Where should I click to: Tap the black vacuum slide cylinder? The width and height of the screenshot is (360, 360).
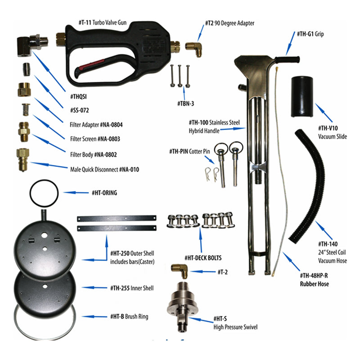tap(302, 97)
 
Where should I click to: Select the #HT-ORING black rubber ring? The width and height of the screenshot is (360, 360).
tap(44, 193)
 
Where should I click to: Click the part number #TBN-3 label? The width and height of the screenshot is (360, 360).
tap(185, 104)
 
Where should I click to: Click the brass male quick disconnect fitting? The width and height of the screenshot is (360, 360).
tap(23, 160)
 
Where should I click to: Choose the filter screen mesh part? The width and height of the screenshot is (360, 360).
tap(26, 110)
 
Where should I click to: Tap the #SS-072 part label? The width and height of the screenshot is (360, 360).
tap(80, 110)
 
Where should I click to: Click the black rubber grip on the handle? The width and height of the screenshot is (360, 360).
tap(288, 59)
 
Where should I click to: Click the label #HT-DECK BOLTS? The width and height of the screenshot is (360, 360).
tap(203, 258)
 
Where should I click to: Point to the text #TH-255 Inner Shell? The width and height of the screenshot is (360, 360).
tap(132, 288)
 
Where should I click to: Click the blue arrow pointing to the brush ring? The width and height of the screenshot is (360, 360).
tap(94, 317)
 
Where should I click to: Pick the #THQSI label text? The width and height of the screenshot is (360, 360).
tap(78, 97)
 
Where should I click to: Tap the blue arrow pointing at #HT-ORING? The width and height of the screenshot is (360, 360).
tap(76, 193)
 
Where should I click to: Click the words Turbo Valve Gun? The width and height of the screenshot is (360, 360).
tap(109, 22)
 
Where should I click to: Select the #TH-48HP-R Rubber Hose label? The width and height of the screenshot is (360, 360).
tap(314, 279)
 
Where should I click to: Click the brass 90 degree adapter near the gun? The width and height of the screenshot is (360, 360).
tap(194, 49)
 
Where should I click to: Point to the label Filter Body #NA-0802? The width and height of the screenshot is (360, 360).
tap(94, 155)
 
